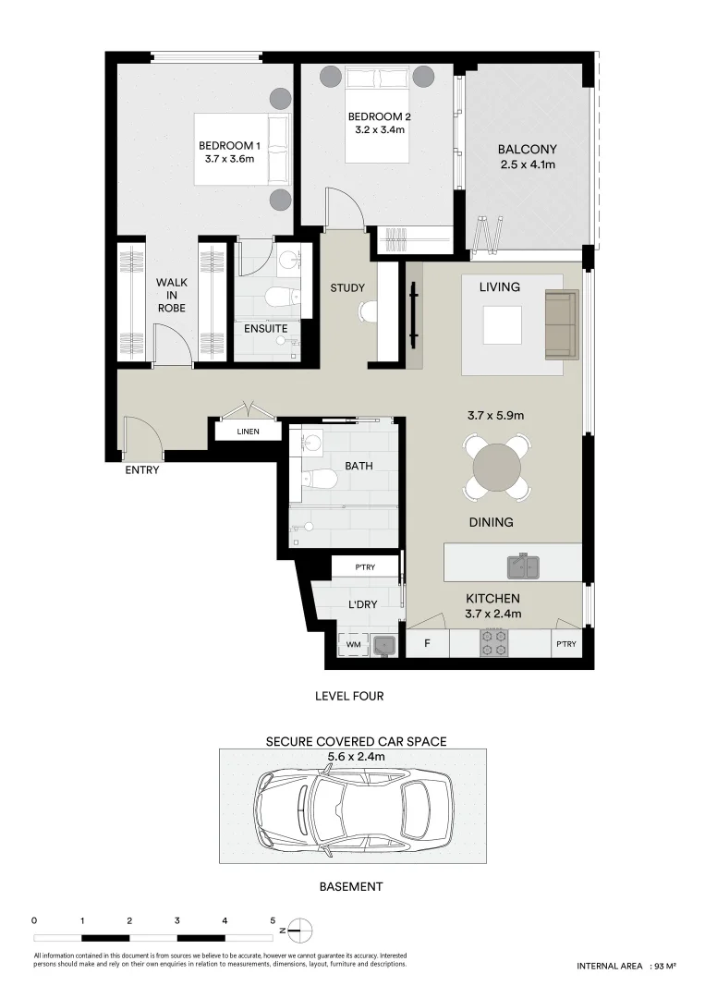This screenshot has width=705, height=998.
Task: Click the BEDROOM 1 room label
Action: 229,146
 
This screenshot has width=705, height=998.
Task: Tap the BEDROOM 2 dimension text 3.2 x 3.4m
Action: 379,130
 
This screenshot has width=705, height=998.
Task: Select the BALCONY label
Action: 527,149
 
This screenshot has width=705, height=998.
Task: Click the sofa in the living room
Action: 561,324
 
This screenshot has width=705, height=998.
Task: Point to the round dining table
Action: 497,469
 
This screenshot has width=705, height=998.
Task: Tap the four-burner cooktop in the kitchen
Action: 493,642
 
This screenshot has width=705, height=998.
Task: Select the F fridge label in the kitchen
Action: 427,643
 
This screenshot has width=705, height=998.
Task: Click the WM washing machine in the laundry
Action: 353,643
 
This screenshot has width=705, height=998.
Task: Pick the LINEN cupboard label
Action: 247,432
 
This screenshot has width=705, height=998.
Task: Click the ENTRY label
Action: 142,470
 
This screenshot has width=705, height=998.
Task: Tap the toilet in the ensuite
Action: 278,297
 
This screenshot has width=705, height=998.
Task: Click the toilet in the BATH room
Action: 319,480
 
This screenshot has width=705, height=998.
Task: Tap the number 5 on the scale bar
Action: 273,920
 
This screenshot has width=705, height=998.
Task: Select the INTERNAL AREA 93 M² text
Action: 626,966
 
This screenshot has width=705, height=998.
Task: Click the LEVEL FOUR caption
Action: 348,696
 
